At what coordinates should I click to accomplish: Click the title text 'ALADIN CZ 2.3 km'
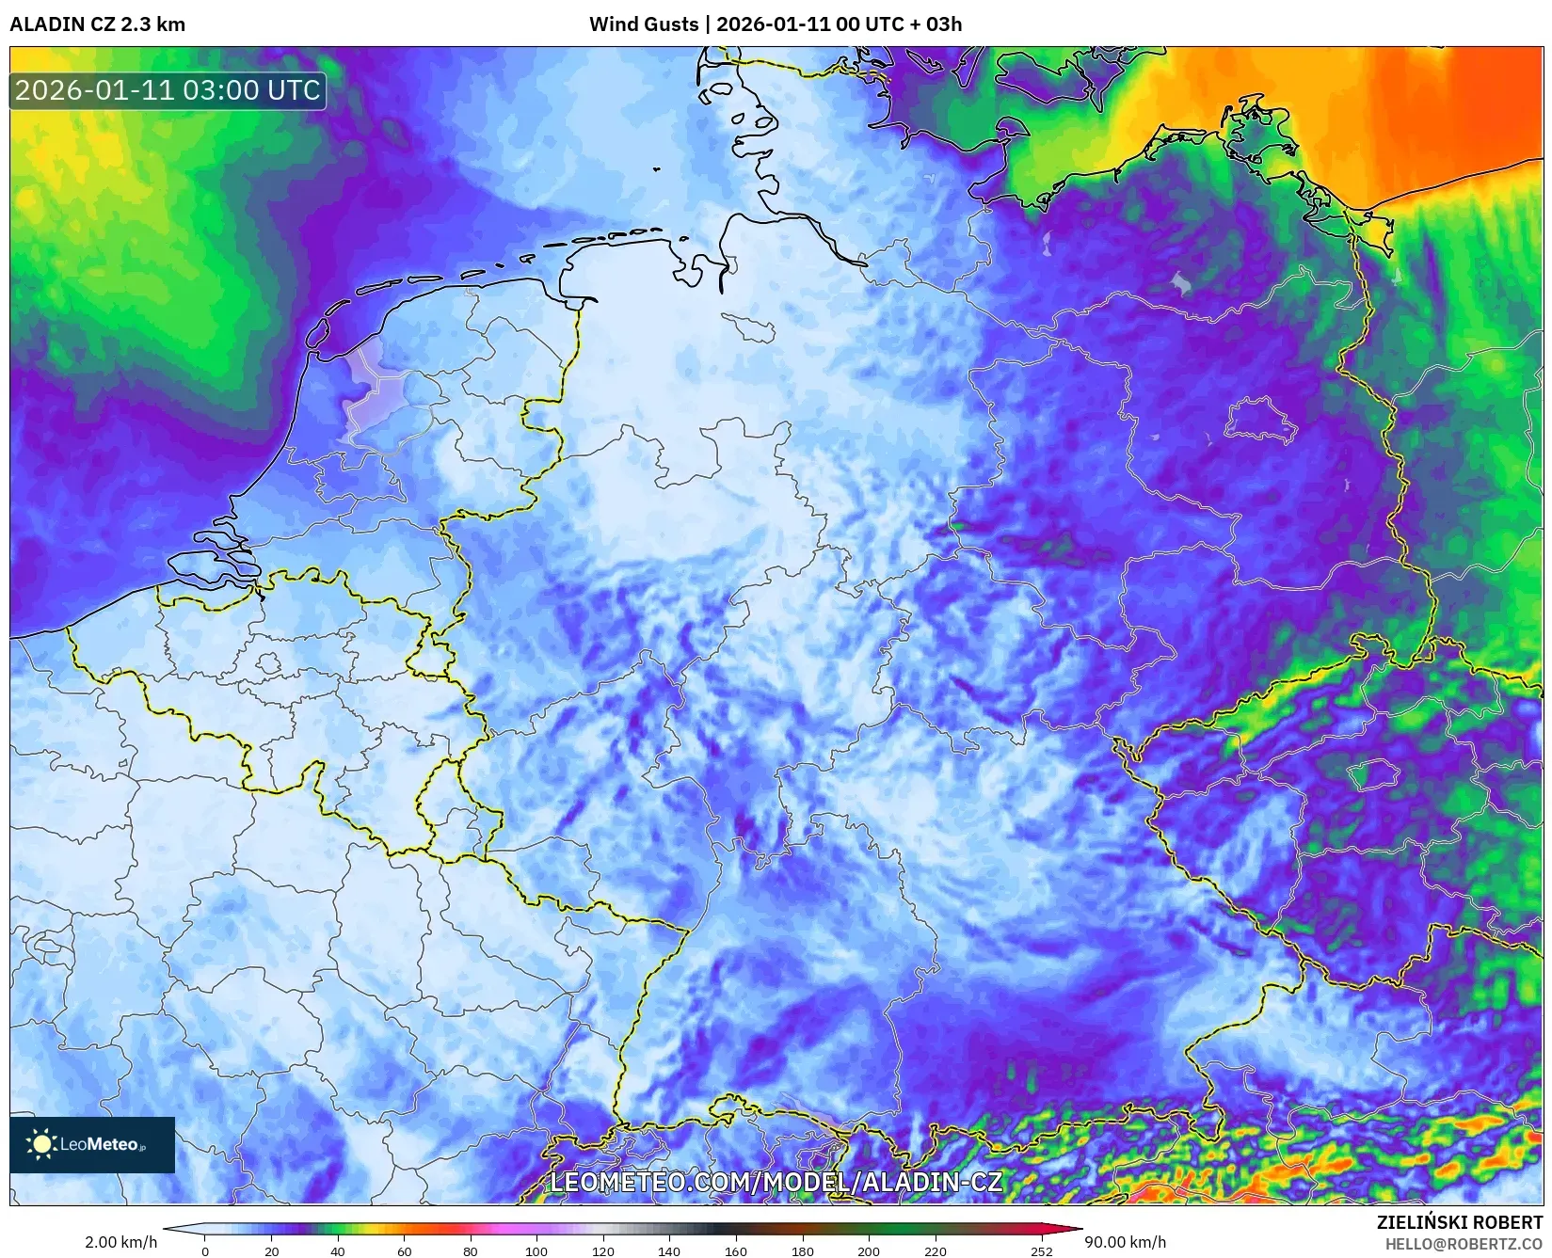(97, 24)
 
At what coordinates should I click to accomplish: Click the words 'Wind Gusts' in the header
(644, 24)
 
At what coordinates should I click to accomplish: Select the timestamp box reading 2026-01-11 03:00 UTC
(168, 91)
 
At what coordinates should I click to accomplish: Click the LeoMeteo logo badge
(92, 1144)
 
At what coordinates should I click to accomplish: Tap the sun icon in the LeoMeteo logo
(41, 1144)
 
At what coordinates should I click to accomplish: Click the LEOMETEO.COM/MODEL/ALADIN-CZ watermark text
(776, 1182)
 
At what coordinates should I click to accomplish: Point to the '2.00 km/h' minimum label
(120, 1242)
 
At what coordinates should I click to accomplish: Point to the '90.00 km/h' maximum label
(1125, 1242)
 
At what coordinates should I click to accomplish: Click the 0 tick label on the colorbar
(205, 1251)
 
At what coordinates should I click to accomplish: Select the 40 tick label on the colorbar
(338, 1251)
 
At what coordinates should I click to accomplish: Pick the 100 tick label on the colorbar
(536, 1251)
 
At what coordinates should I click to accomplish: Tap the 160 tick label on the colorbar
(735, 1251)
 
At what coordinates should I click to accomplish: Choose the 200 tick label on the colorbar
(869, 1251)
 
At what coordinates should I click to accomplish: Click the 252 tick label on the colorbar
(1041, 1251)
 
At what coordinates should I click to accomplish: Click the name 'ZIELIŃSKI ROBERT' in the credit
(1460, 1223)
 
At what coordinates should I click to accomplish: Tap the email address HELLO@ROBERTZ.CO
(1464, 1244)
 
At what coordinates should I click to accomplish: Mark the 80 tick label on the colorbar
(470, 1251)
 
